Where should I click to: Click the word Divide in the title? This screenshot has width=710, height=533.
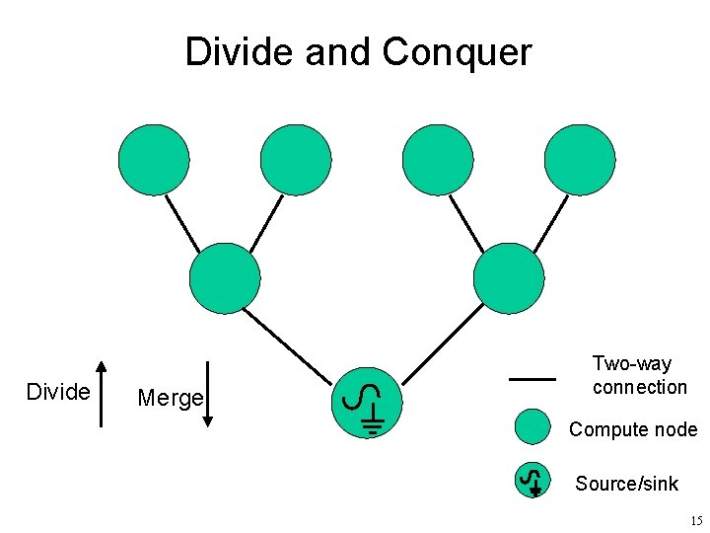(x=241, y=51)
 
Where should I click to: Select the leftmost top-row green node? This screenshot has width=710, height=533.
(x=154, y=160)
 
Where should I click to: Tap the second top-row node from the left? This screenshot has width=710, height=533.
(x=296, y=160)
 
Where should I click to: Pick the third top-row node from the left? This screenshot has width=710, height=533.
(x=438, y=160)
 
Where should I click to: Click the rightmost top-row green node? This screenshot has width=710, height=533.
(x=580, y=160)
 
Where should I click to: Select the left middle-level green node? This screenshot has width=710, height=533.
(x=225, y=278)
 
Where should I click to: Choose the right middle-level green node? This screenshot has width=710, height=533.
(x=509, y=278)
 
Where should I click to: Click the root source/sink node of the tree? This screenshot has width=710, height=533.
(x=367, y=402)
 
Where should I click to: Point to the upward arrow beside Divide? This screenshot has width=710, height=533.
(x=102, y=392)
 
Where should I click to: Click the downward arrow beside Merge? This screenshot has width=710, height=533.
(x=208, y=392)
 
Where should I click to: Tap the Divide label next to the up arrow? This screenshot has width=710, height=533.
(x=58, y=392)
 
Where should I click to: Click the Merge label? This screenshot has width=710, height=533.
(x=170, y=398)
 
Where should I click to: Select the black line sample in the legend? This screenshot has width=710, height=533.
(x=532, y=377)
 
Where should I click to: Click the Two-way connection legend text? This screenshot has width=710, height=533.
(x=639, y=375)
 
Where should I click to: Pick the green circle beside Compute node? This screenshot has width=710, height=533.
(x=532, y=427)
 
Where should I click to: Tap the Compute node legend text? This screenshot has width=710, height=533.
(x=632, y=429)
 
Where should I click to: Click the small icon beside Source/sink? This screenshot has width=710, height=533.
(x=532, y=480)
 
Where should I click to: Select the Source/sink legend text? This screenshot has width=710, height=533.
(x=626, y=483)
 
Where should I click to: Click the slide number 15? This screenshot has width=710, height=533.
(x=696, y=520)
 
